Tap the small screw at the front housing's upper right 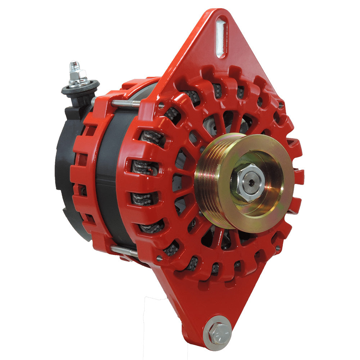[x=280, y=105]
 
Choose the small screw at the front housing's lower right [x=278, y=248]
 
